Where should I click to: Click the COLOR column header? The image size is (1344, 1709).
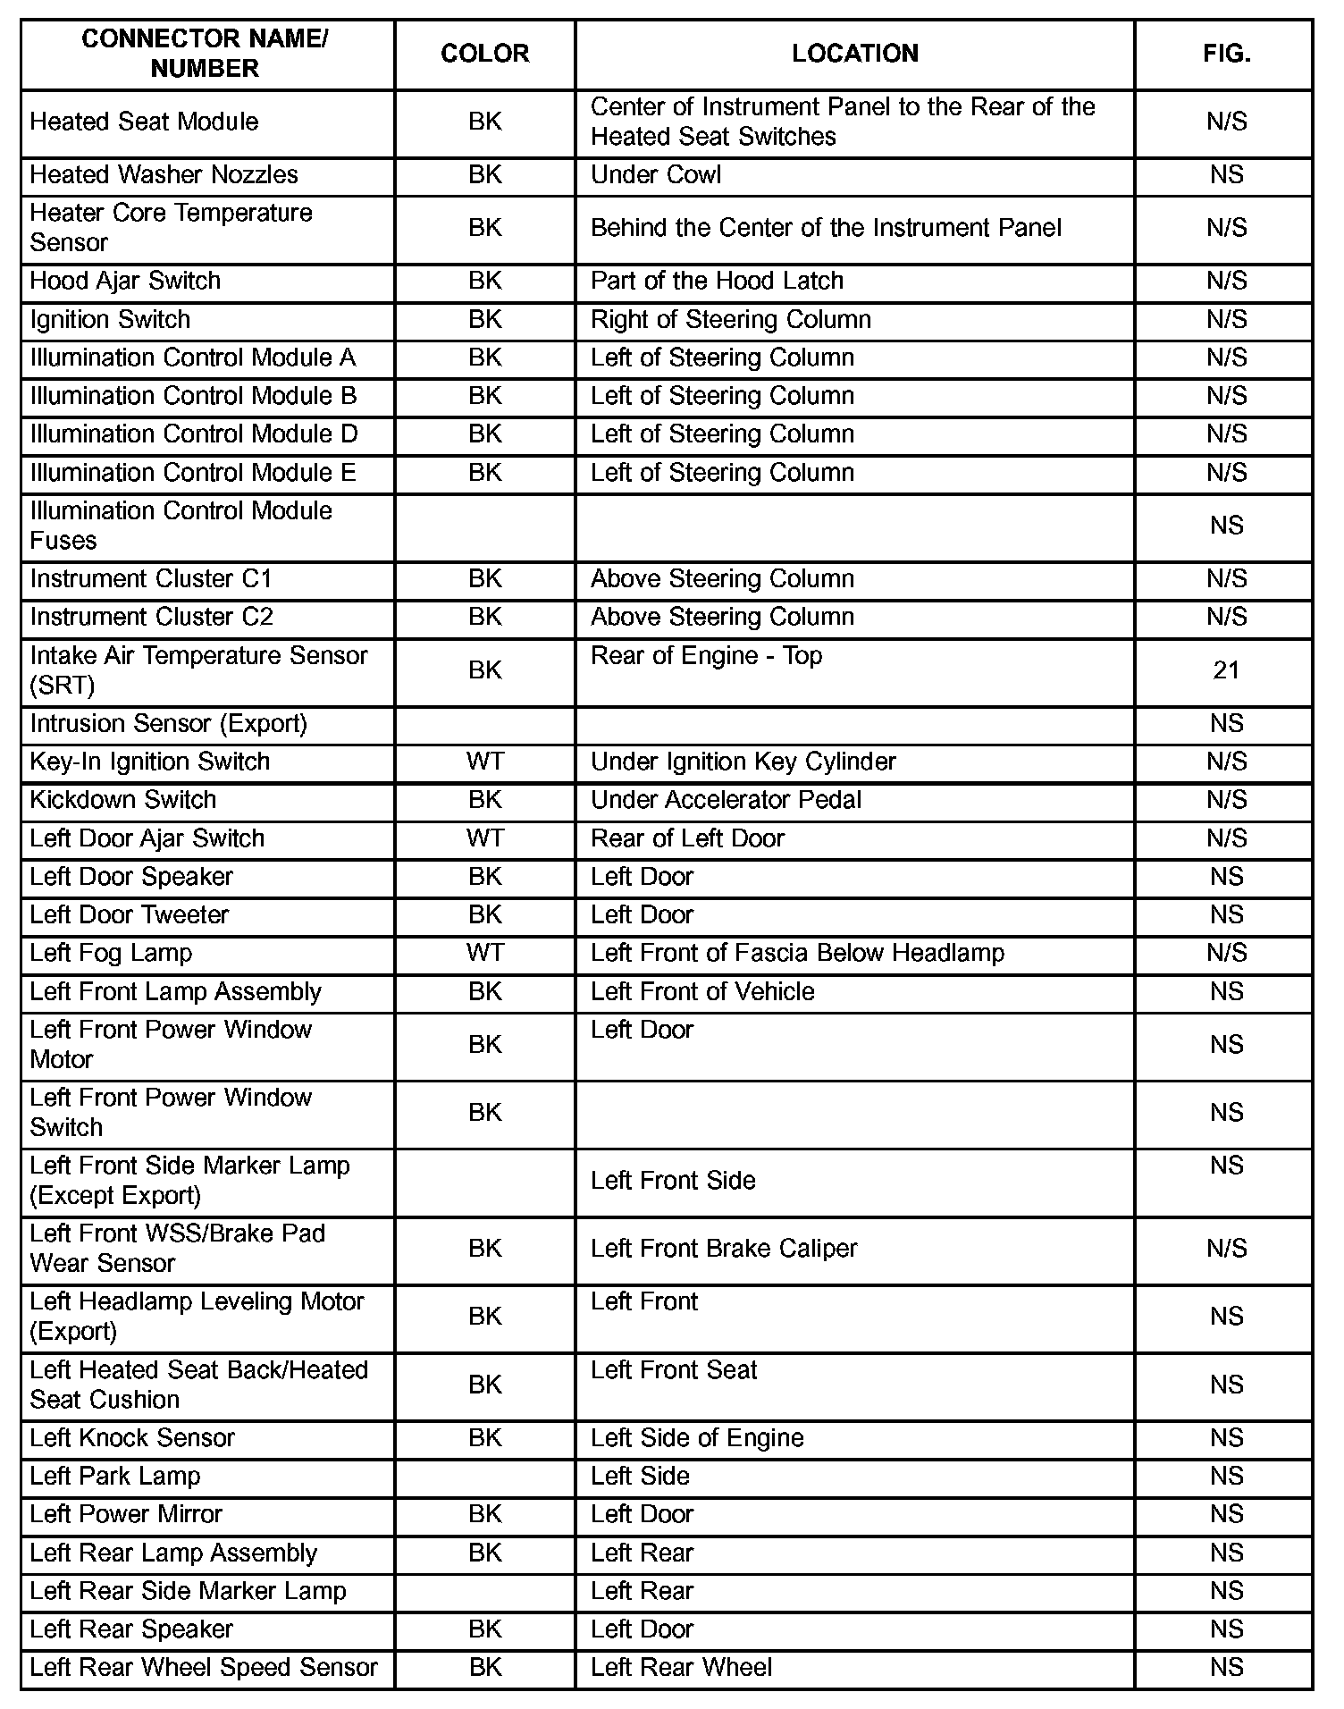coord(484,54)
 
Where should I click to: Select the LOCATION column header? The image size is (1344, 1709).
coord(854,54)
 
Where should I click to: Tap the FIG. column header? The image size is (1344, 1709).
coord(1226,54)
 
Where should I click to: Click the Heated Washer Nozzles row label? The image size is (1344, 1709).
coord(164,175)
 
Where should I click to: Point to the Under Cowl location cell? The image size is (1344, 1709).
coord(656,175)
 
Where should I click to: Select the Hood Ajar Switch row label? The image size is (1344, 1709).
coord(125,281)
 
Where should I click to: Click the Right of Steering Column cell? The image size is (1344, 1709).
coord(731,320)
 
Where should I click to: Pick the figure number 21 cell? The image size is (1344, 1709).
coord(1226,670)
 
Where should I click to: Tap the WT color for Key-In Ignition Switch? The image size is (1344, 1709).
coord(484,762)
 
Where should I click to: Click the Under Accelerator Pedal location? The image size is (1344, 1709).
coord(726,800)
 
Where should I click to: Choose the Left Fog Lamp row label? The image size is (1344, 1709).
coord(111,953)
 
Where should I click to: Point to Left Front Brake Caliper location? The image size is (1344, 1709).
coord(724,1249)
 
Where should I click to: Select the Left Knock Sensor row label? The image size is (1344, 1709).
coord(132,1438)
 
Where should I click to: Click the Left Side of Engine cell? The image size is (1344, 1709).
coord(697,1438)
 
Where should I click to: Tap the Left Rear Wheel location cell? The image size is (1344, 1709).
coord(681,1668)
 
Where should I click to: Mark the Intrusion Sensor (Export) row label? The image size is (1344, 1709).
coord(168,723)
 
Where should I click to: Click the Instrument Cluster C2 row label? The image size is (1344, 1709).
coord(152,617)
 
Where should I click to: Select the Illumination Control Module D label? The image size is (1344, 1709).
coord(194,434)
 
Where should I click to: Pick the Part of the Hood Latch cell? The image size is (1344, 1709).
coord(717,281)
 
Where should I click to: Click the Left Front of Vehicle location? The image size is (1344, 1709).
coord(702,992)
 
